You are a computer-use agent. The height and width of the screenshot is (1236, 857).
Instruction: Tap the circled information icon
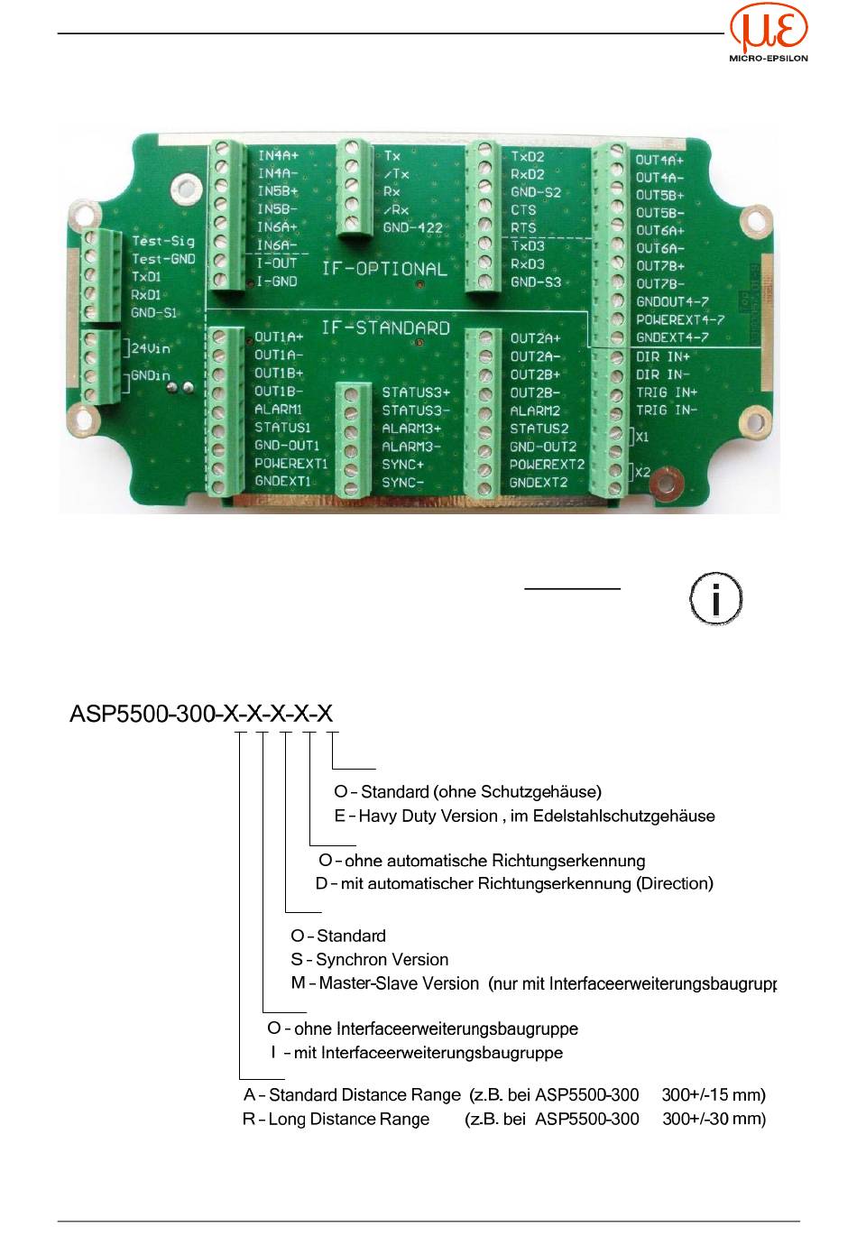click(716, 597)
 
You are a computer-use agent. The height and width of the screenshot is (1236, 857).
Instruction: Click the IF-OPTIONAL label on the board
click(384, 269)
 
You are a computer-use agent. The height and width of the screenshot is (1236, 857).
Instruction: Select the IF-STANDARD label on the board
click(385, 327)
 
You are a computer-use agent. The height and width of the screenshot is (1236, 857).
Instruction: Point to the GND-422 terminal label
click(413, 227)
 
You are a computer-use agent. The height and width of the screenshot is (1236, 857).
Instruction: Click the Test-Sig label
click(163, 241)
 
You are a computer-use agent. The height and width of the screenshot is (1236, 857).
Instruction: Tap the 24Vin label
click(151, 347)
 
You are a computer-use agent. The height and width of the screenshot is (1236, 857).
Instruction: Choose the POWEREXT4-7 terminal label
click(679, 320)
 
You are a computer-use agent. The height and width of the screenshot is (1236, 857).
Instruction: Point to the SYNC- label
click(403, 482)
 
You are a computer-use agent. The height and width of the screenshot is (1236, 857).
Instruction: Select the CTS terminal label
click(523, 210)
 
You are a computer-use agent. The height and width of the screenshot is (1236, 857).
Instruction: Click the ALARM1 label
click(278, 410)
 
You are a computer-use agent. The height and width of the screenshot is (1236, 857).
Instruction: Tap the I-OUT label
click(277, 263)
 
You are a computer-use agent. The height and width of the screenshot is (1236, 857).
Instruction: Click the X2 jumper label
click(642, 472)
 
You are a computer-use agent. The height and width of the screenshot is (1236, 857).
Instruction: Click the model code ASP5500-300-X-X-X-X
click(201, 715)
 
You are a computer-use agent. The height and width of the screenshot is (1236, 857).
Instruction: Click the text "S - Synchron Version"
click(369, 960)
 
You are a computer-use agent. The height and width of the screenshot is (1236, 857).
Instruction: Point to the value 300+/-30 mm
click(714, 1120)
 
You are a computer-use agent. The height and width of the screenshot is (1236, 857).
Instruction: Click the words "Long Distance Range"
click(348, 1120)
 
